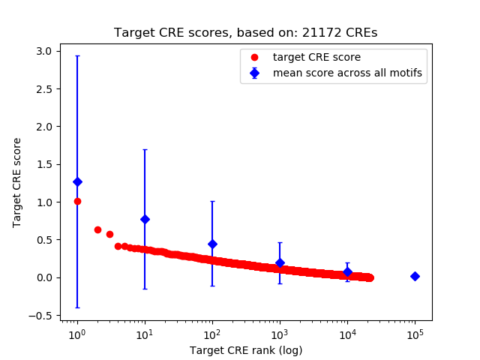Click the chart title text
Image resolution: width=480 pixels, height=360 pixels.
(x=246, y=33)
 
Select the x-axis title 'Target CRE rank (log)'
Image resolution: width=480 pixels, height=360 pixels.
(x=246, y=350)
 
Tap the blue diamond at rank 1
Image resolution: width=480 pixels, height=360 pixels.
(x=77, y=181)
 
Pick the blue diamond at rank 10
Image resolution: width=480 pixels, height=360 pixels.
(x=145, y=219)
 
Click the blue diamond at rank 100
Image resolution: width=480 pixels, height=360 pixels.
(x=212, y=244)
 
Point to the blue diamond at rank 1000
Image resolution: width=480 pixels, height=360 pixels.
(x=280, y=262)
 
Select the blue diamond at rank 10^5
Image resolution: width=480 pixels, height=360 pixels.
(x=415, y=276)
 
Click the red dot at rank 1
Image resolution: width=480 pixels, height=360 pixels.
(x=77, y=201)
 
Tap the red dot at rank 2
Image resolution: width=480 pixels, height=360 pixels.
(x=97, y=229)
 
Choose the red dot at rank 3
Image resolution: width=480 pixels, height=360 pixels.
(x=109, y=234)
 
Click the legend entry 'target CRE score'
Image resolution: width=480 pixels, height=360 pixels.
(x=316, y=57)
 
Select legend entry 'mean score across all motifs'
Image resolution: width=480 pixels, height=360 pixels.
(x=346, y=73)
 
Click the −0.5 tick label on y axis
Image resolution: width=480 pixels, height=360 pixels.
(x=40, y=316)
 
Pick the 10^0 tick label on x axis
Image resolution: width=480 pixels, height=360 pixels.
(x=77, y=333)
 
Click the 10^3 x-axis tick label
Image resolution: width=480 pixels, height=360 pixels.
(x=280, y=333)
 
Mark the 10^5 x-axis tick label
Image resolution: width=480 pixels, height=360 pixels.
(x=415, y=333)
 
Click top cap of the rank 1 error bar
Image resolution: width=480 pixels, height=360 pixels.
(x=77, y=55)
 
